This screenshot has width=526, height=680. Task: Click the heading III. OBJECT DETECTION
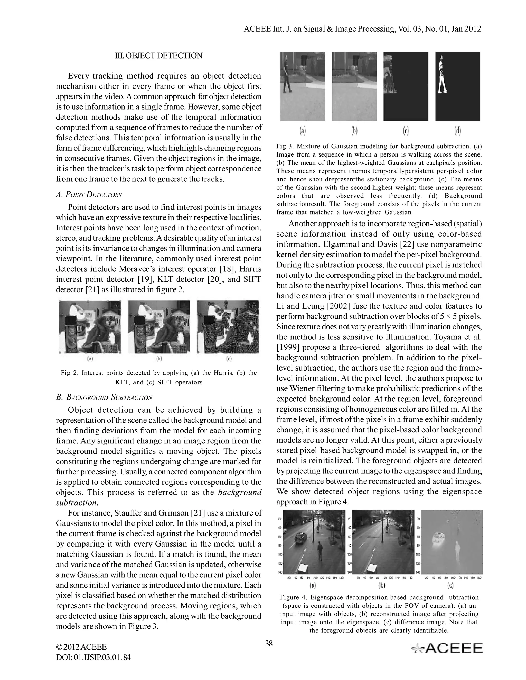(159, 56)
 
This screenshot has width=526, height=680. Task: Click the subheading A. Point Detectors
(89, 195)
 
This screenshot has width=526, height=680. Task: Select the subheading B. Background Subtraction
(104, 397)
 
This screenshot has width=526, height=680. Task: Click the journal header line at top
(362, 29)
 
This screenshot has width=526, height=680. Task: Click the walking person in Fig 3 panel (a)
(287, 76)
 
